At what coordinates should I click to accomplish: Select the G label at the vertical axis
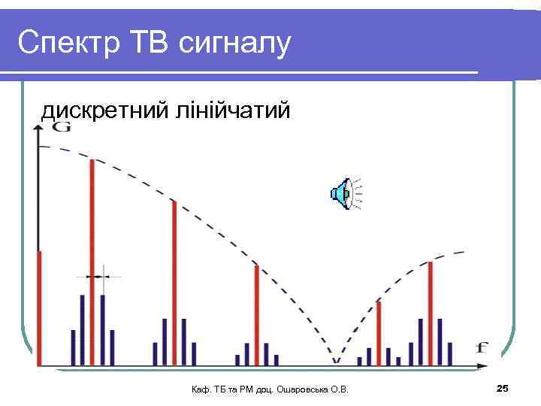pyautogui.click(x=62, y=128)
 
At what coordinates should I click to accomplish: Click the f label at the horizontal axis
pyautogui.click(x=482, y=347)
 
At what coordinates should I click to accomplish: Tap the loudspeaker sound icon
pyautogui.click(x=342, y=194)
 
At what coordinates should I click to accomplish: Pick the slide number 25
pyautogui.click(x=503, y=388)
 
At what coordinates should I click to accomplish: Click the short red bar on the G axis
pyautogui.click(x=39, y=308)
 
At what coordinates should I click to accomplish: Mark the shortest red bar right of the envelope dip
pyautogui.click(x=379, y=331)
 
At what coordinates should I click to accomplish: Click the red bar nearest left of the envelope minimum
pyautogui.click(x=256, y=314)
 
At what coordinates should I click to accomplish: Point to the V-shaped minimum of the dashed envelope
pyautogui.click(x=336, y=359)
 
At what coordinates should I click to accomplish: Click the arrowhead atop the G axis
pyautogui.click(x=38, y=129)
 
